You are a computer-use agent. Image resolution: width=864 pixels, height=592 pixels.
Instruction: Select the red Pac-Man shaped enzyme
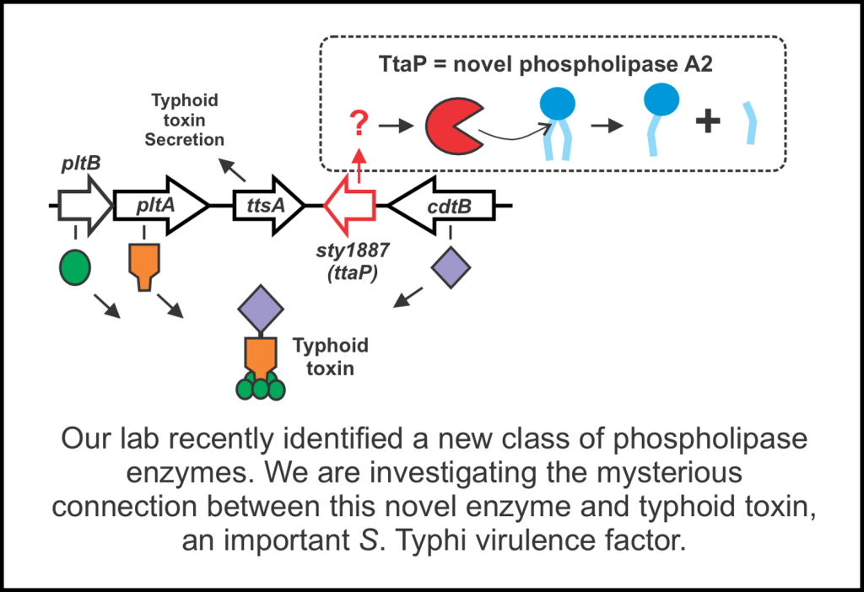[454, 126]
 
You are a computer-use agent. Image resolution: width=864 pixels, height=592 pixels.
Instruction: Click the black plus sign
[707, 124]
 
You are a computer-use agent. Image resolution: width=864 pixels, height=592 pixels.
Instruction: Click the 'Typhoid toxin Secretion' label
[184, 120]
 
